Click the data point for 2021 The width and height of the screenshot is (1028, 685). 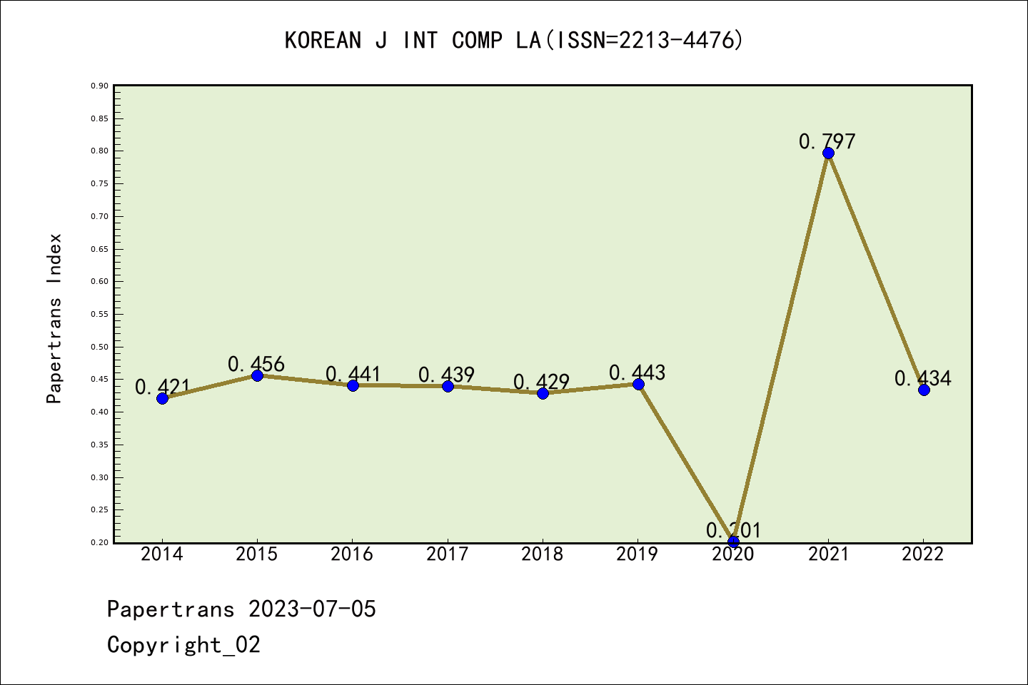pyautogui.click(x=828, y=153)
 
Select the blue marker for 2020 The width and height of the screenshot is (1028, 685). pyautogui.click(x=733, y=542)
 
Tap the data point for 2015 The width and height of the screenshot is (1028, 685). pyautogui.click(x=257, y=375)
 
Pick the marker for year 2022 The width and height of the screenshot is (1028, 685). pyautogui.click(x=924, y=390)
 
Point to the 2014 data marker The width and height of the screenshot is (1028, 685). pyautogui.click(x=162, y=398)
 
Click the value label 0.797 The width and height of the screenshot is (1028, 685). pyautogui.click(x=827, y=141)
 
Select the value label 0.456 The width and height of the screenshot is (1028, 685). pyautogui.click(x=256, y=364)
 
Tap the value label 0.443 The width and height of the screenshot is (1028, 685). pyautogui.click(x=637, y=372)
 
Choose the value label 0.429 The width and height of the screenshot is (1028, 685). pyautogui.click(x=541, y=382)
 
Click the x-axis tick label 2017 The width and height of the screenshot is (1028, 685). pyautogui.click(x=447, y=554)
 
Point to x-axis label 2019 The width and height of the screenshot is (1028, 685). pyautogui.click(x=637, y=554)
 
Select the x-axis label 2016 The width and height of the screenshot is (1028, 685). pyautogui.click(x=352, y=554)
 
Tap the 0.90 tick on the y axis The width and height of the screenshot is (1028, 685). pyautogui.click(x=99, y=86)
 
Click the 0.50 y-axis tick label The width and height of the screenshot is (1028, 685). pyautogui.click(x=99, y=347)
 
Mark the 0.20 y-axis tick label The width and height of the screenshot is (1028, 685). pyautogui.click(x=99, y=543)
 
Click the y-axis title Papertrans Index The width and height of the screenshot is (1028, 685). pyautogui.click(x=54, y=318)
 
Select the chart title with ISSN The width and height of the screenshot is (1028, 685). pyautogui.click(x=514, y=40)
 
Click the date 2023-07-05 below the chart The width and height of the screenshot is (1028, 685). pyautogui.click(x=312, y=609)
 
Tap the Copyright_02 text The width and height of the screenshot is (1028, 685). pyautogui.click(x=183, y=645)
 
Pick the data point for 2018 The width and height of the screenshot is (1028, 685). pyautogui.click(x=543, y=393)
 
